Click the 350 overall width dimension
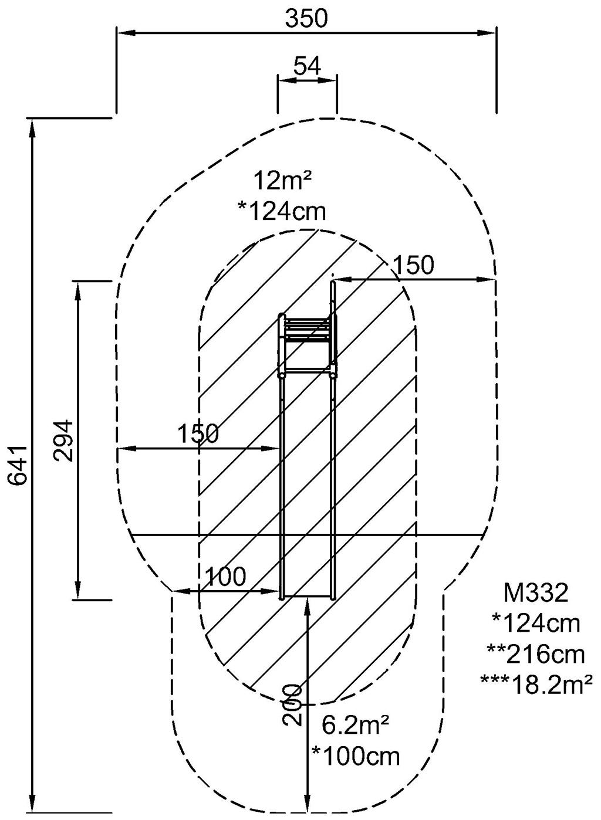pyautogui.click(x=306, y=19)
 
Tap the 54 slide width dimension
pyautogui.click(x=307, y=66)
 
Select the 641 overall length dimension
pyautogui.click(x=18, y=465)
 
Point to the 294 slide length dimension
pyautogui.click(x=63, y=440)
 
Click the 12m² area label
pyautogui.click(x=282, y=181)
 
